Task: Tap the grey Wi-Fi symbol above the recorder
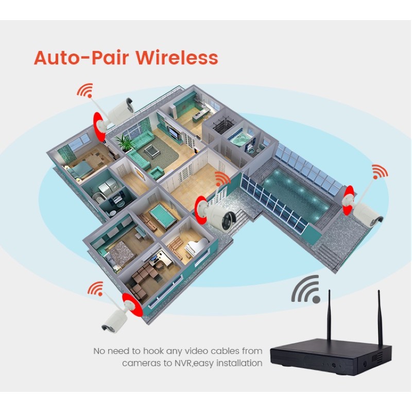[x=306, y=289]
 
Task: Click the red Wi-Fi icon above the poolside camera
[x=380, y=171]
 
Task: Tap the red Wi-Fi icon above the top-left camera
[x=85, y=92]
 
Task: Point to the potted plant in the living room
[x=125, y=143]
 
